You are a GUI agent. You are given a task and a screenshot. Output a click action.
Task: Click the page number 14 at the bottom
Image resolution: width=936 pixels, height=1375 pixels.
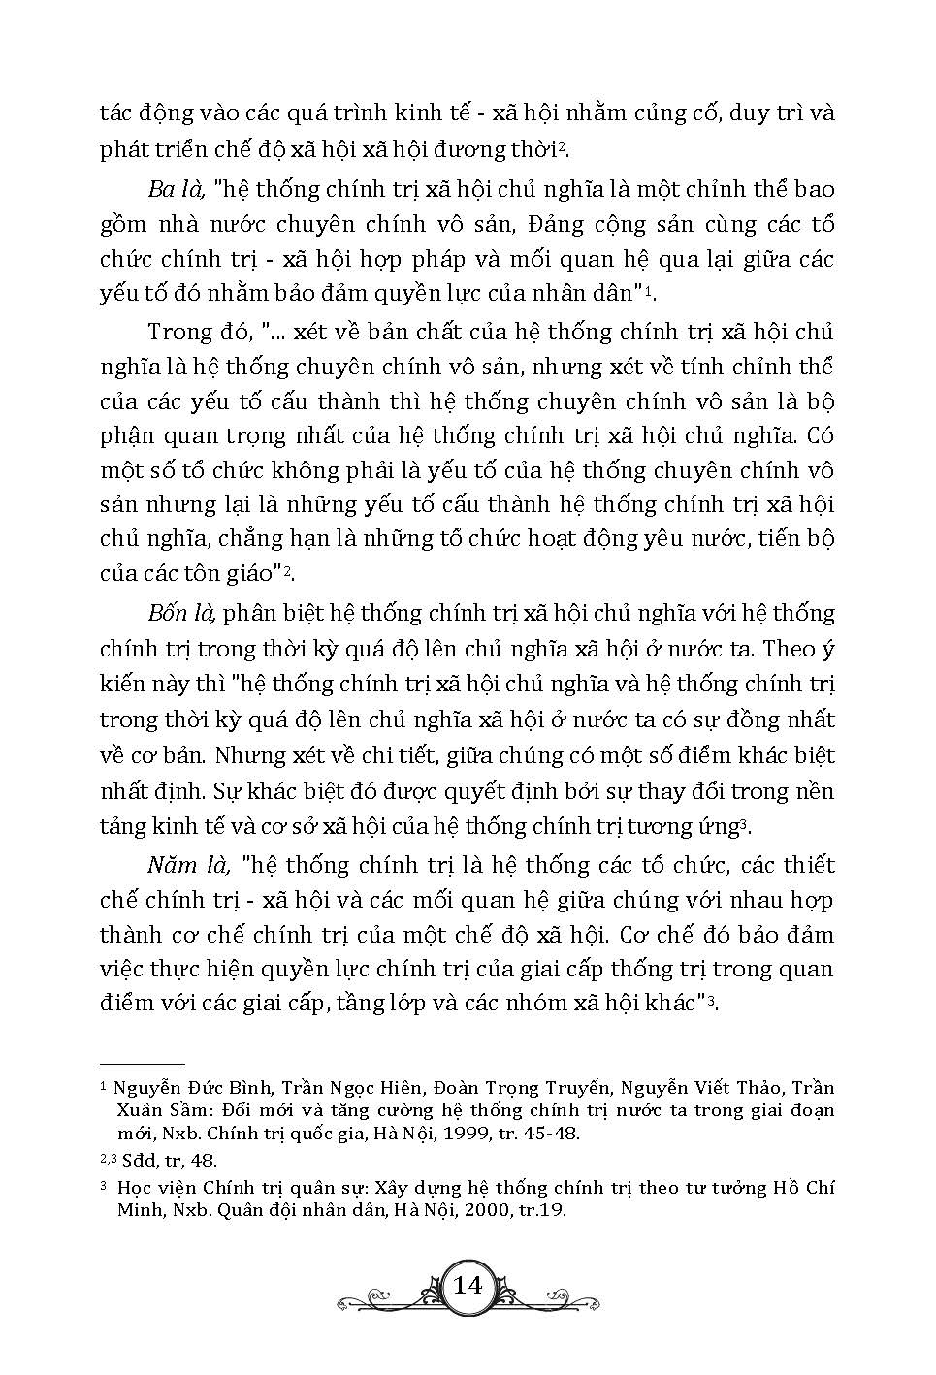tap(468, 1286)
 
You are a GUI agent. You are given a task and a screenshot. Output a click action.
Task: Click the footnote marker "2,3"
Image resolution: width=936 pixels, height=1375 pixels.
tap(111, 1159)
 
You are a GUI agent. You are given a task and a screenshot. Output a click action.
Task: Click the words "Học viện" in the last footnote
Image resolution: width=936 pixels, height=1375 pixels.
tap(152, 1188)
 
